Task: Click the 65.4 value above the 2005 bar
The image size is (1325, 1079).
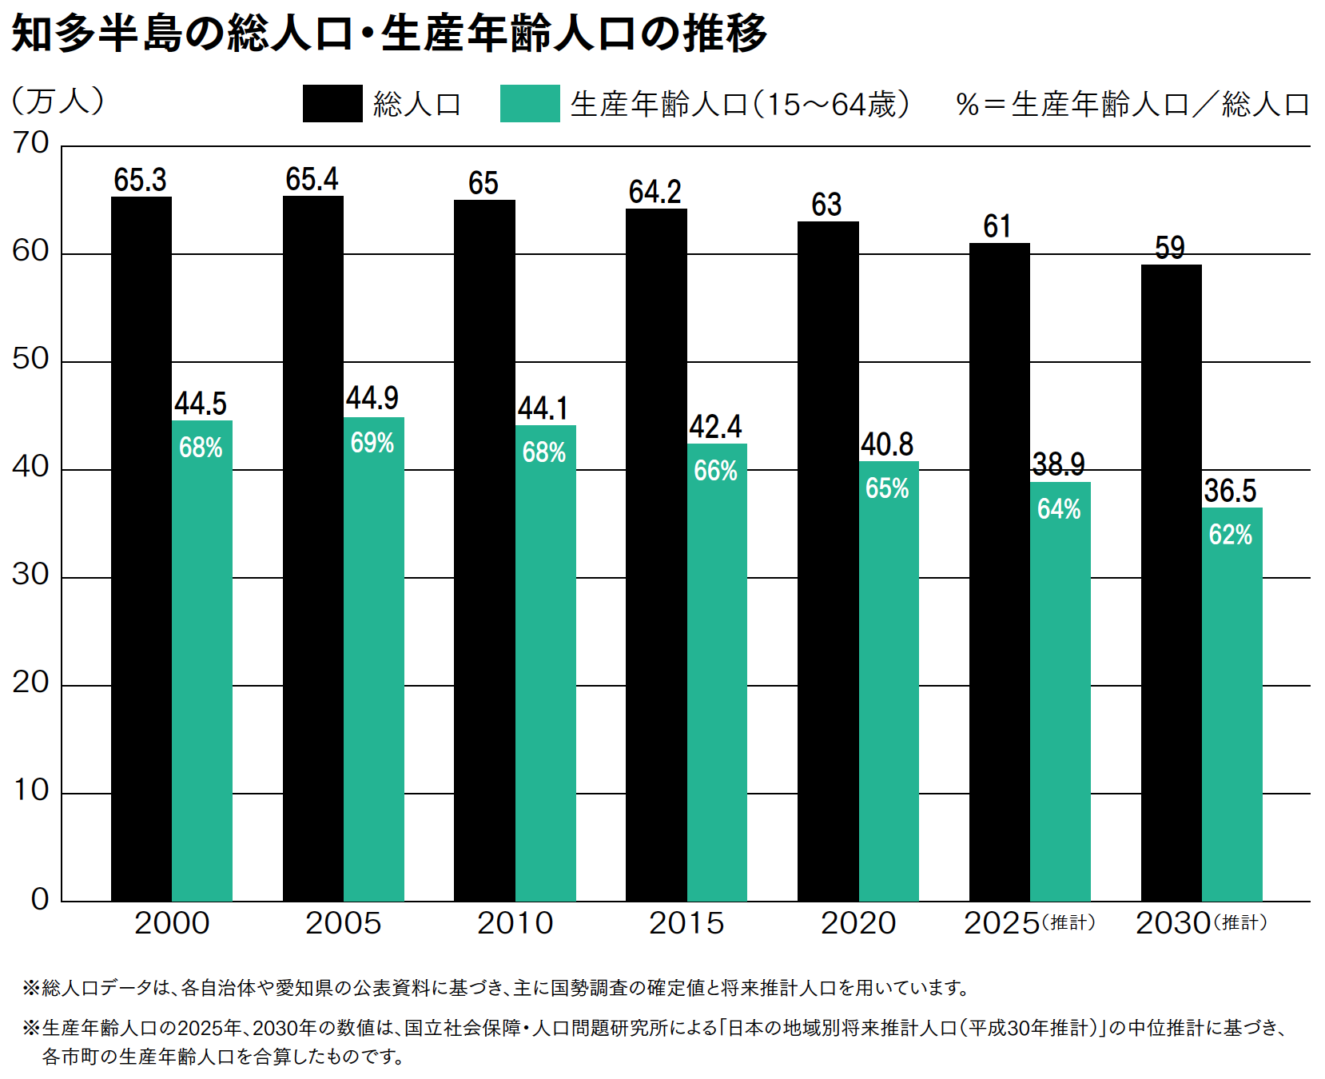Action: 312,180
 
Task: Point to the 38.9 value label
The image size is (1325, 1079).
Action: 1059,464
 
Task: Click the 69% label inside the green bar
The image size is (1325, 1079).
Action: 372,443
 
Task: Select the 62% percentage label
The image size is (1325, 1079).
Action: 1231,535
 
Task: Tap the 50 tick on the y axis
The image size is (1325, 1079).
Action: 31,360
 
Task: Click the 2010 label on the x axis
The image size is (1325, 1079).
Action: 515,923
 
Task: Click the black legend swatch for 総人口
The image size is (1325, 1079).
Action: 332,104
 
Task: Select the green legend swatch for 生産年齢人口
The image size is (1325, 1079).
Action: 530,104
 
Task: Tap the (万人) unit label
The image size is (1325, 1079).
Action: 58,101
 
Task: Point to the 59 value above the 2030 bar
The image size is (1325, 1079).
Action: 1170,248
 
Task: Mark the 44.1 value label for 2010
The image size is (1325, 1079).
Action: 543,408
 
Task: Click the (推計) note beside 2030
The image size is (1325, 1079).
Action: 1240,923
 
